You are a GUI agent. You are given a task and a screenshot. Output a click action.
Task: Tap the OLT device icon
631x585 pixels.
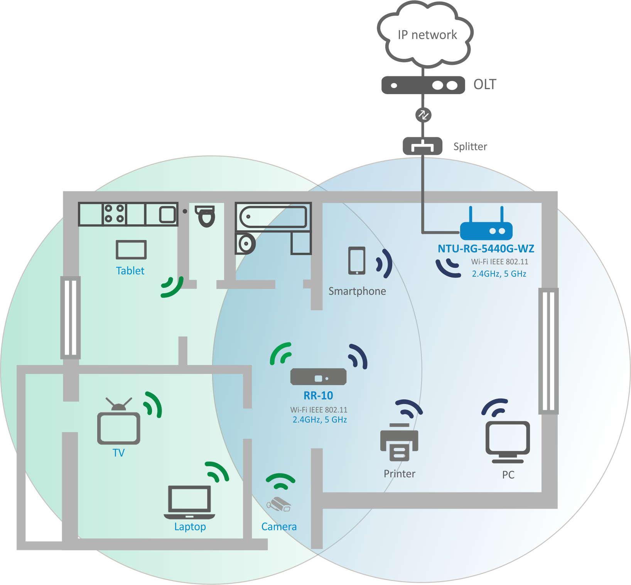(423, 85)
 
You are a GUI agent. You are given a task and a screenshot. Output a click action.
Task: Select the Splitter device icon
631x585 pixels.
(422, 146)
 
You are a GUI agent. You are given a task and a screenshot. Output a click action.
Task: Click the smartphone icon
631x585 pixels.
(357, 261)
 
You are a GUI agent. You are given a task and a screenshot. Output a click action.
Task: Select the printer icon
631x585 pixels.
(399, 443)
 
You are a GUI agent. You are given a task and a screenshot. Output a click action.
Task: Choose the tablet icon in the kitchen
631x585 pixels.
(131, 250)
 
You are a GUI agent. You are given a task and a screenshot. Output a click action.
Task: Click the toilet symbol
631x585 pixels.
(206, 216)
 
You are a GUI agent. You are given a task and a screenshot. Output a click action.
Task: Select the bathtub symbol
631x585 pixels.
(273, 216)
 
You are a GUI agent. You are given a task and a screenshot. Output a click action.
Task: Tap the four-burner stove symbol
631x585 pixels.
(114, 214)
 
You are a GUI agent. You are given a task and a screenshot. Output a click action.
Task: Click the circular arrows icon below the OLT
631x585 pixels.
(423, 115)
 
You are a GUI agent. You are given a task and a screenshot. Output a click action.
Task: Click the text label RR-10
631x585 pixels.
(318, 396)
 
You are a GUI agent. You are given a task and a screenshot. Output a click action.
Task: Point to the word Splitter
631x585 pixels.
(470, 147)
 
